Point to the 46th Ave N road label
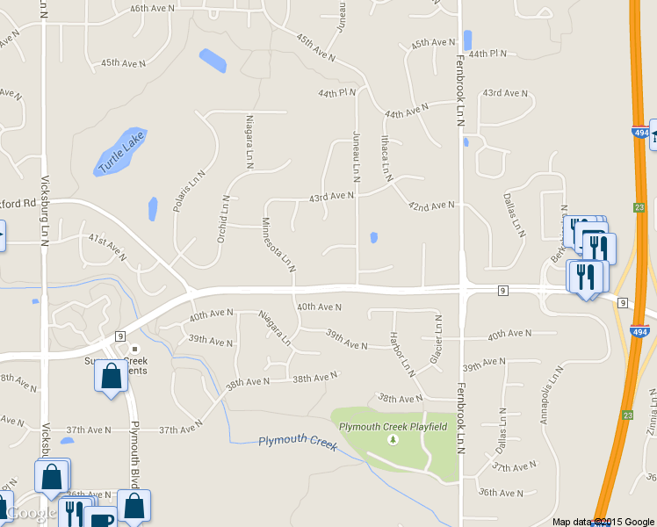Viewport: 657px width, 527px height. click(x=151, y=8)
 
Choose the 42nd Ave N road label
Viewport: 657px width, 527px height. click(x=430, y=206)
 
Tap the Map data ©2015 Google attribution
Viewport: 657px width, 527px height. click(x=603, y=522)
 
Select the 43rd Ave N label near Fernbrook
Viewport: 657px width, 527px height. click(x=505, y=92)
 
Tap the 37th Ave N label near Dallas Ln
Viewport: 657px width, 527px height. click(x=514, y=467)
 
